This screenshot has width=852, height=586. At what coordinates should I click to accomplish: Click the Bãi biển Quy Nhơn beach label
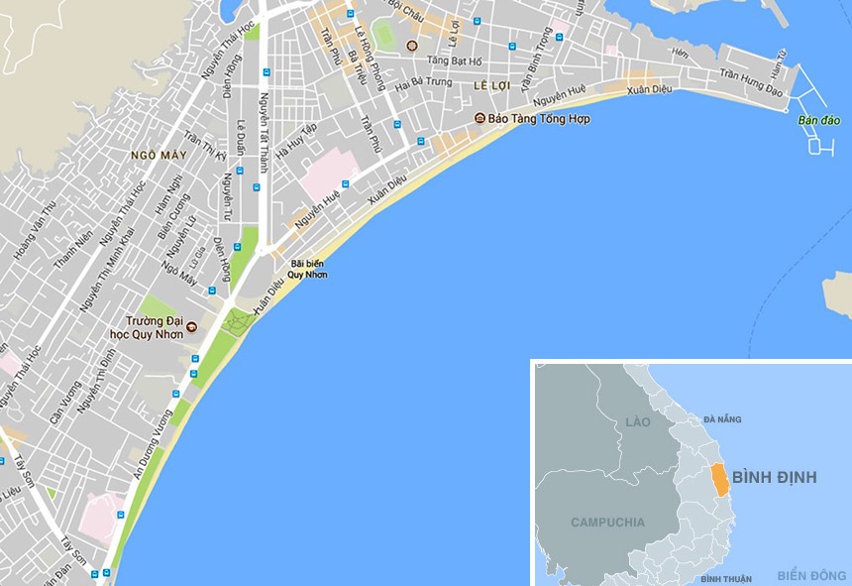pyautogui.click(x=307, y=269)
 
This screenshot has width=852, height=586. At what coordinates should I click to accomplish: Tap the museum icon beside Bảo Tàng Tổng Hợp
pyautogui.click(x=479, y=118)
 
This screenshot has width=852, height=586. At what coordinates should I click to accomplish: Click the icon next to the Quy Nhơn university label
pyautogui.click(x=192, y=326)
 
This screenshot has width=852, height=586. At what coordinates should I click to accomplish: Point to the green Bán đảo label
pyautogui.click(x=819, y=121)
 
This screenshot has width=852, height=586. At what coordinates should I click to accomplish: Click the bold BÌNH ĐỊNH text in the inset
pyautogui.click(x=776, y=478)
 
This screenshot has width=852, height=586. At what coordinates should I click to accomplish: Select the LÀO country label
pyautogui.click(x=638, y=422)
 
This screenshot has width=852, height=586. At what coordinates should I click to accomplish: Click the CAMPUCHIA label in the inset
pyautogui.click(x=607, y=522)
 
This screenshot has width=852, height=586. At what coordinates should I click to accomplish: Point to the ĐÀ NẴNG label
pyautogui.click(x=722, y=419)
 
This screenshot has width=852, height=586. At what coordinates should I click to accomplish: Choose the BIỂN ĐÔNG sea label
pyautogui.click(x=811, y=576)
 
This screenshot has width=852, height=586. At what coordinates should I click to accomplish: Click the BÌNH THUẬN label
pyautogui.click(x=725, y=578)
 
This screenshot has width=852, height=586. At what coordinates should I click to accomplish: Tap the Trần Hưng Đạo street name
pyautogui.click(x=751, y=85)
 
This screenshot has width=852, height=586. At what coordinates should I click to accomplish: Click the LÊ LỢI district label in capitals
pyautogui.click(x=491, y=86)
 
